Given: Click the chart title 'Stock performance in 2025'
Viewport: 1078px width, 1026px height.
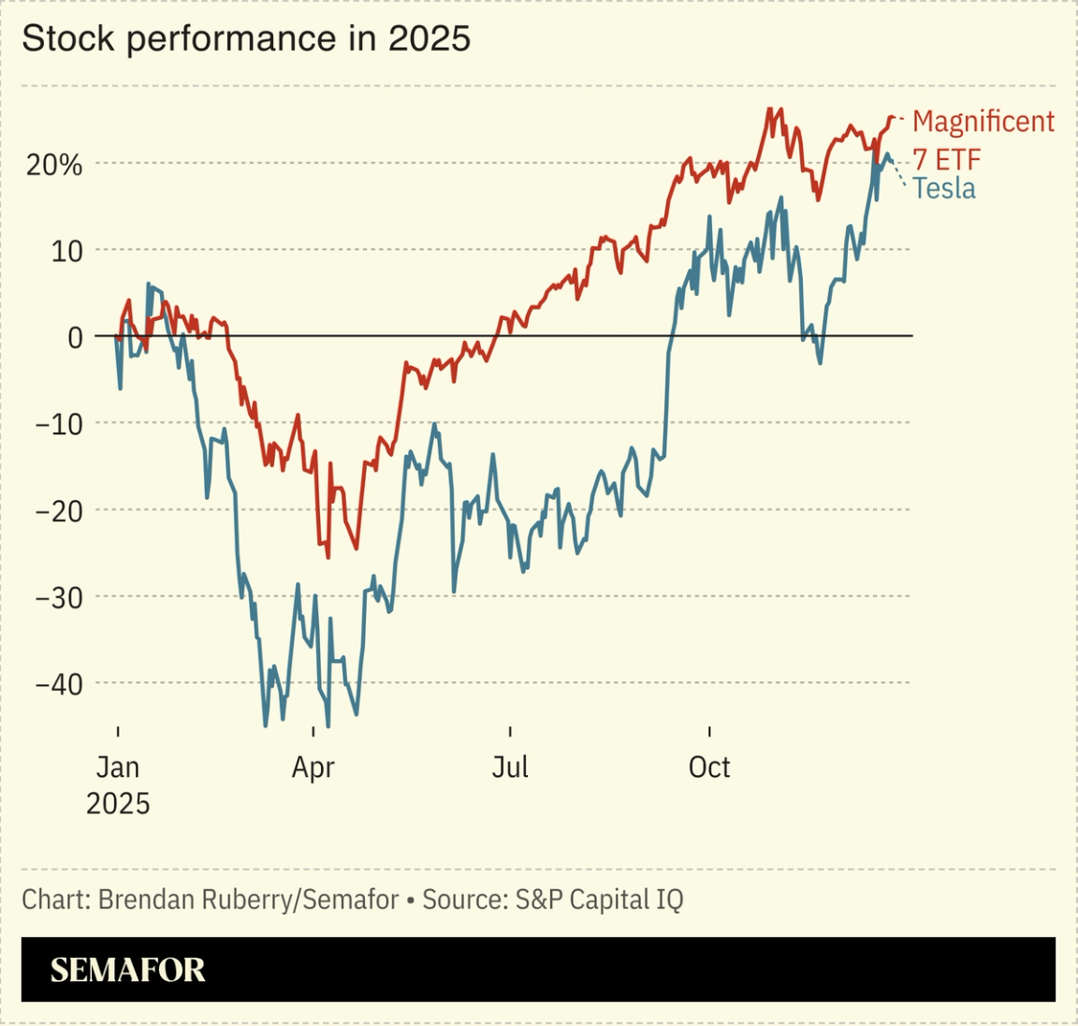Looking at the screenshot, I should pos(246,38).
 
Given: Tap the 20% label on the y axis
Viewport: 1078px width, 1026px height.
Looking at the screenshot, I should pos(54,166).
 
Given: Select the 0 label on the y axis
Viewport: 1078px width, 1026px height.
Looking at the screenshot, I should pos(75,337).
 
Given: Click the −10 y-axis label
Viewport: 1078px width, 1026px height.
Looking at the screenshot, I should pos(58,424).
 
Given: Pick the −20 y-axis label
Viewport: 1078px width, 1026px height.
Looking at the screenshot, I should pos(58,511).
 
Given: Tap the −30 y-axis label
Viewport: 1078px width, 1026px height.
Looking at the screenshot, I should pos(58,597).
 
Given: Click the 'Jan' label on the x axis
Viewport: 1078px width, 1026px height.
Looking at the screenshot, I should pos(118,768).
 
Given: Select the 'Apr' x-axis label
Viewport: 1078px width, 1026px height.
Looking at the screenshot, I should pos(313,768).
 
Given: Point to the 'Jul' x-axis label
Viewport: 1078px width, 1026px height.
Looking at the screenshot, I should pos(510,768).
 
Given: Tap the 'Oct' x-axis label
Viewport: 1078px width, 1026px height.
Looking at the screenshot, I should pos(709,768).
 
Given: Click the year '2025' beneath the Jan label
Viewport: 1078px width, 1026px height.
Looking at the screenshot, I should pos(118,804).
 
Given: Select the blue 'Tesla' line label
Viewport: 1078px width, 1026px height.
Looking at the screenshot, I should pos(944,188).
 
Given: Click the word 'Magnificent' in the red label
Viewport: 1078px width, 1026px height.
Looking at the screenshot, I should pos(983,122).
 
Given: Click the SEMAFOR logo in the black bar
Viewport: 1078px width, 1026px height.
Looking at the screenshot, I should pos(127,970).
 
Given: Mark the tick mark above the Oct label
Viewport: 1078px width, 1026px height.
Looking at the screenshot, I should pos(709,731).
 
